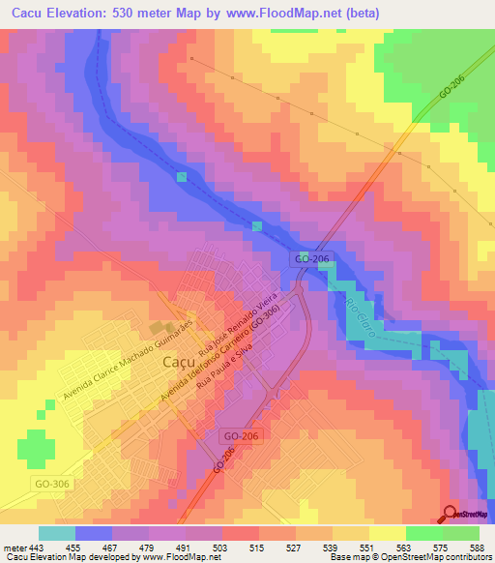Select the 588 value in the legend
click(x=476, y=548)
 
